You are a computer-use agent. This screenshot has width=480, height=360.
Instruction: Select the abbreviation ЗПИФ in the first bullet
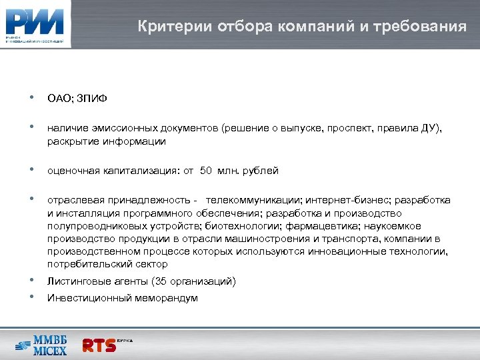93,99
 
